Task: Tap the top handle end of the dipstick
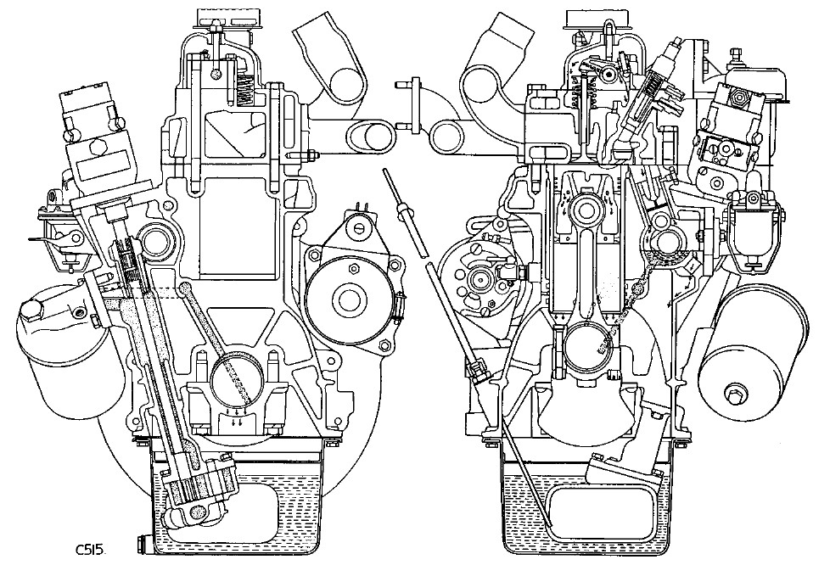click(x=389, y=174)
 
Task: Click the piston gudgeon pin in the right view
click(x=585, y=210)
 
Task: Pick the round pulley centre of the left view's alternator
click(x=347, y=298)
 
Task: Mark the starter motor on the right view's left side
click(x=479, y=276)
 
